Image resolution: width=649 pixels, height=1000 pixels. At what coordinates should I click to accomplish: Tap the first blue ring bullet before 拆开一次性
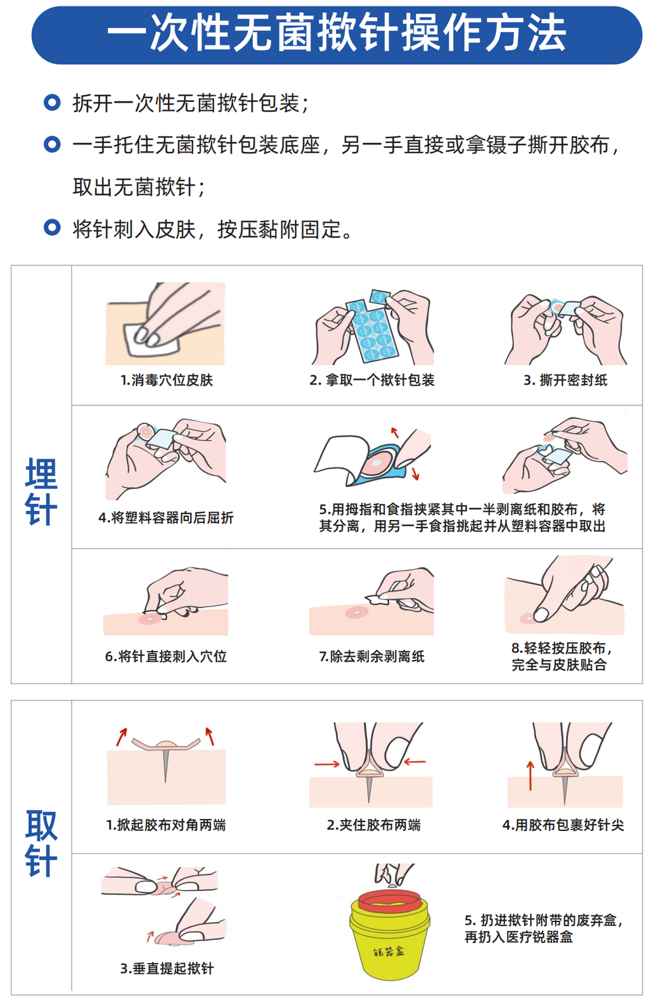point(52,102)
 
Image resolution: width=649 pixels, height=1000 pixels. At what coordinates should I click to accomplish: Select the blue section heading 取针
point(41,843)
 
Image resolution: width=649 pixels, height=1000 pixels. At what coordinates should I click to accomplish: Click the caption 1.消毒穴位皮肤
point(167,380)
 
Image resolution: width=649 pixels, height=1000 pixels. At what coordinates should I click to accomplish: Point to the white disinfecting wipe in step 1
point(152,339)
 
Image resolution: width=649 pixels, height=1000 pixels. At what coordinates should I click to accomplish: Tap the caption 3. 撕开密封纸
point(565,380)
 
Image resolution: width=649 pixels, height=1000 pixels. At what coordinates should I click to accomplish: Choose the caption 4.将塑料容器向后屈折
point(166,517)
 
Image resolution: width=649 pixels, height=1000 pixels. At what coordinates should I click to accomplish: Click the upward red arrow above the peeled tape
point(395,433)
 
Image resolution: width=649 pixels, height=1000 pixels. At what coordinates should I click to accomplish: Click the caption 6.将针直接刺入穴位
point(166,656)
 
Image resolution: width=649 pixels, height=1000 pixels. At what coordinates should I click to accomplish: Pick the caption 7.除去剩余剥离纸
point(372,656)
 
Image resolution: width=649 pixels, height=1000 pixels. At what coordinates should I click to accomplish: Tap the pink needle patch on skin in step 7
point(356,612)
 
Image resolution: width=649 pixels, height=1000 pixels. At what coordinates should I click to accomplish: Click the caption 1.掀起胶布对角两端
point(166,825)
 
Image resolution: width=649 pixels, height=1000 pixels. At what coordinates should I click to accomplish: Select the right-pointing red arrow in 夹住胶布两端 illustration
point(327,764)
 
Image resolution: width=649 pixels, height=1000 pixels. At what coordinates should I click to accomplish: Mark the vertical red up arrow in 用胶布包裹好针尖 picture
point(530,776)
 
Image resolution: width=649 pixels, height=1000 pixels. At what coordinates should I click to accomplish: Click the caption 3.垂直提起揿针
point(167,968)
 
